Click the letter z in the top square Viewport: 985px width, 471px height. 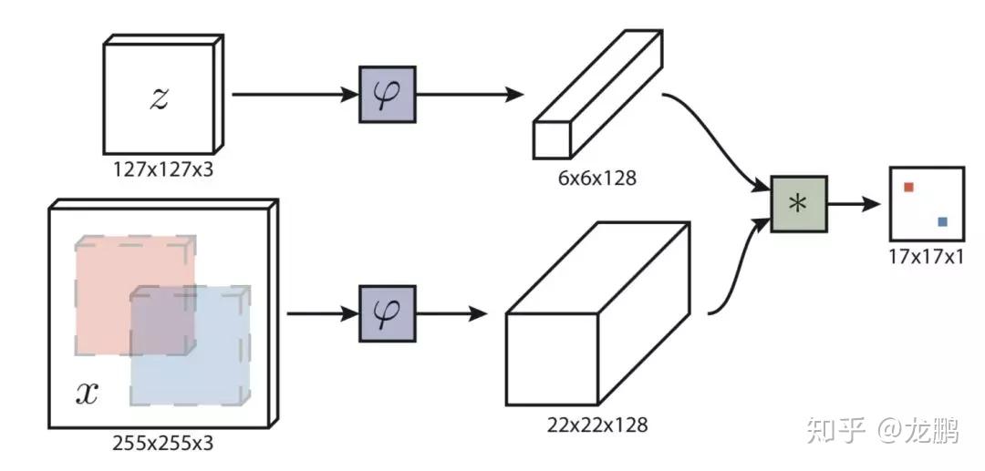point(159,98)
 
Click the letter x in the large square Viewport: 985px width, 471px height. point(86,393)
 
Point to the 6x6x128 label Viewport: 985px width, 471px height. point(597,179)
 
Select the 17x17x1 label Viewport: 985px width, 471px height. point(926,256)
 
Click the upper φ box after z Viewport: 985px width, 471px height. point(387,94)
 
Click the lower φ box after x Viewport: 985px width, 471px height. point(387,313)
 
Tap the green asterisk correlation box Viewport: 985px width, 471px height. point(798,204)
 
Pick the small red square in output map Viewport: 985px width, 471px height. point(908,188)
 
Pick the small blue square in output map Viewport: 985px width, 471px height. point(942,221)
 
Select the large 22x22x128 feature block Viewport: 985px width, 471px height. point(593,319)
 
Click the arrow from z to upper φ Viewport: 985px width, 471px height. point(292,94)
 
